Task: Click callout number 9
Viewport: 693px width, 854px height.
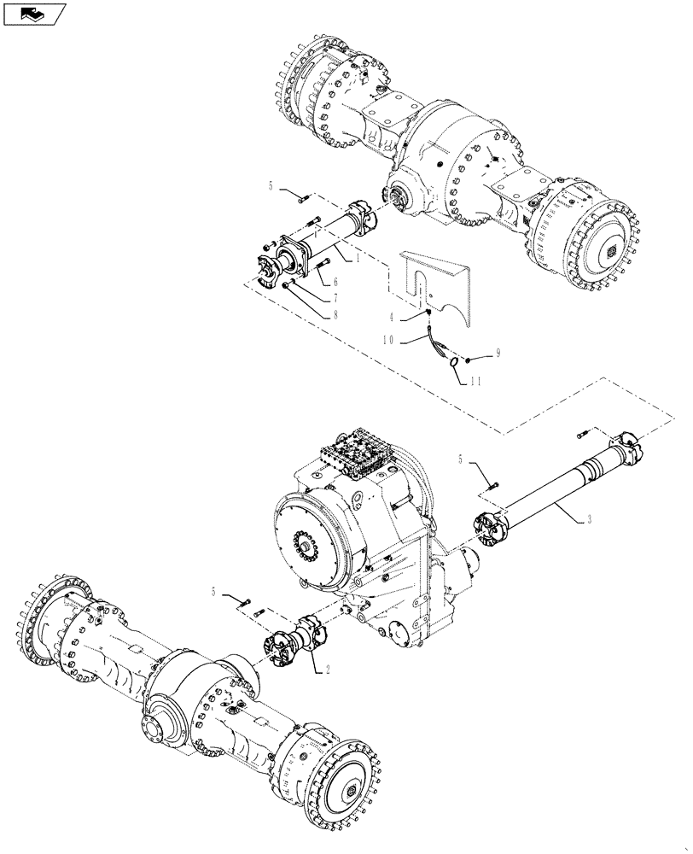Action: (498, 352)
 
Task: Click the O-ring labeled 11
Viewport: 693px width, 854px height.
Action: (454, 362)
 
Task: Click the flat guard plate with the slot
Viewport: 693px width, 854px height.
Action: (444, 282)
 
